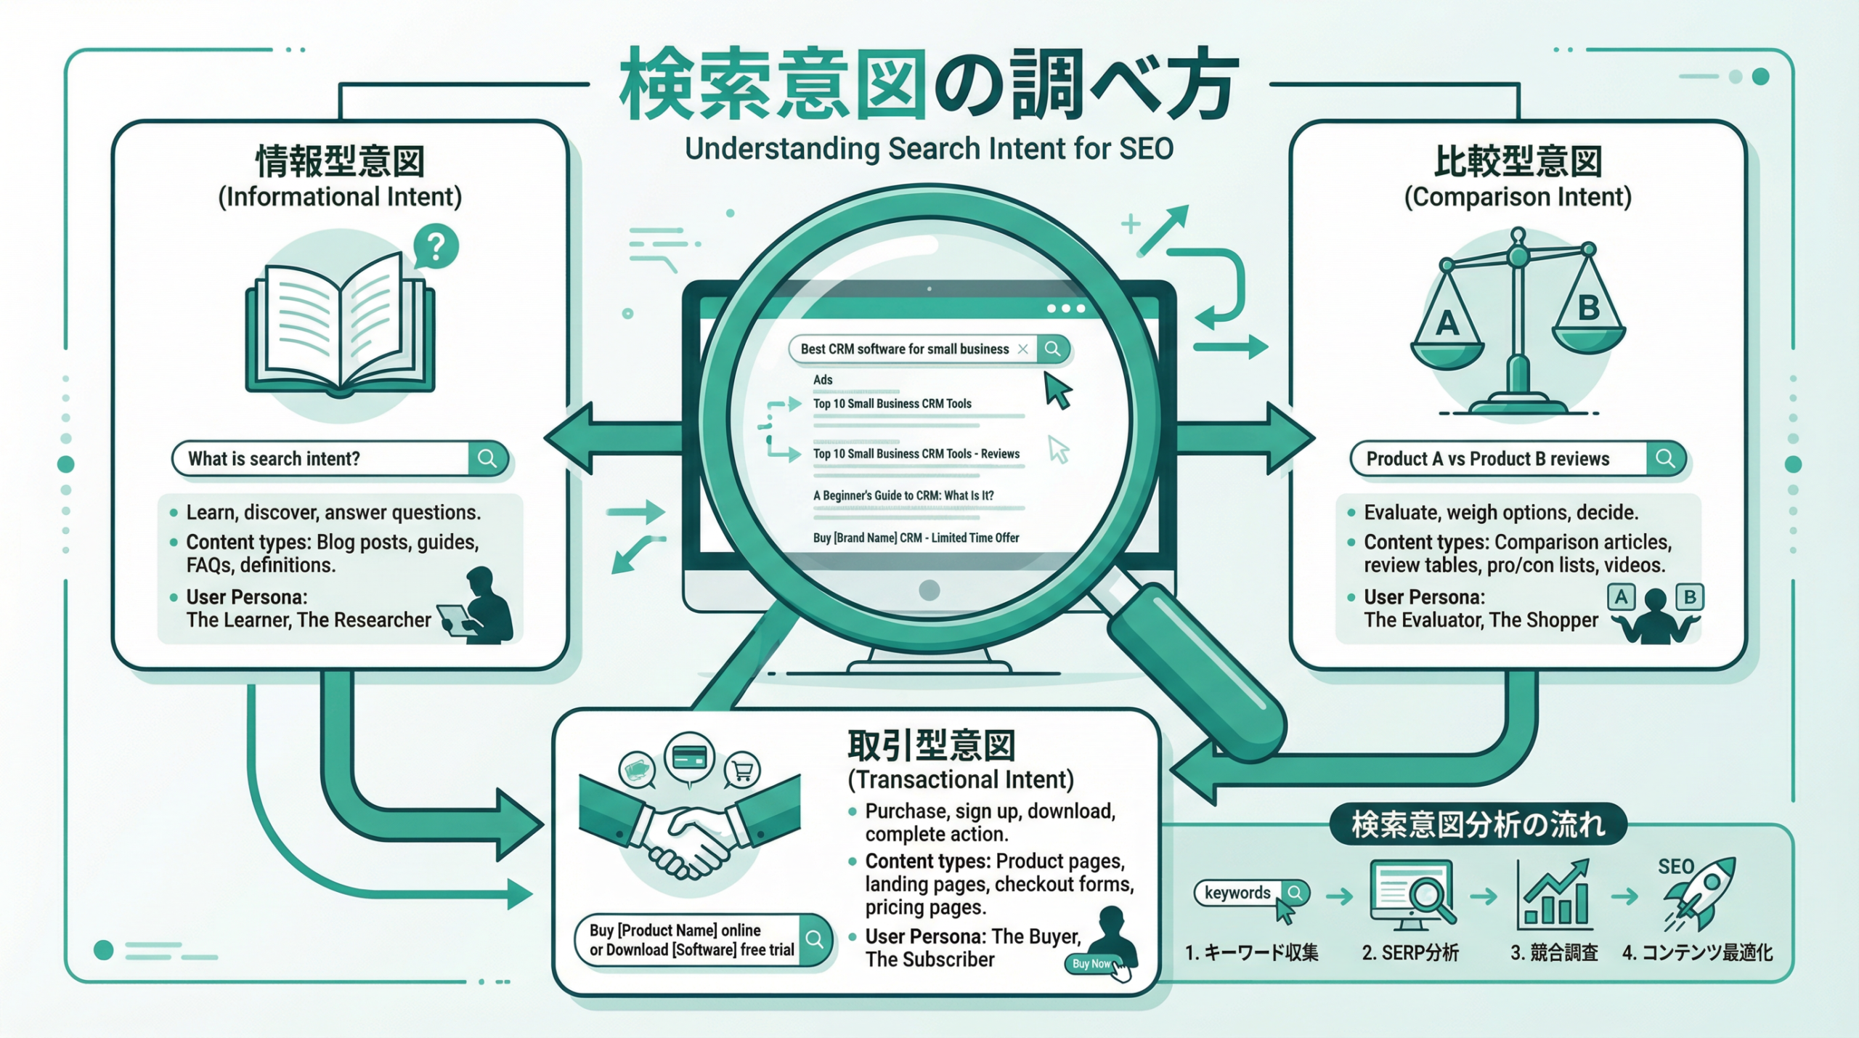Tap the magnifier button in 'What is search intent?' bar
point(487,458)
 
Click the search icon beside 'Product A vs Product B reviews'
point(1665,458)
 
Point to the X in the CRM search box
point(1022,349)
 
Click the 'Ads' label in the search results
point(823,380)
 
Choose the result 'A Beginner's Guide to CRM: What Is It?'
point(903,495)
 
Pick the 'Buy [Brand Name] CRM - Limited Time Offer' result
point(916,538)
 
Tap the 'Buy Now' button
point(1091,963)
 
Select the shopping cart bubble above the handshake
point(741,769)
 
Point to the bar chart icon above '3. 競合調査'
point(1554,896)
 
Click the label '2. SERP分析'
point(1410,952)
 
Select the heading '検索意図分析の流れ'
point(1478,824)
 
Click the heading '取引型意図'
point(931,745)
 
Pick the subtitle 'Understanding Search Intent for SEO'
point(929,149)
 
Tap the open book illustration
point(340,327)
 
